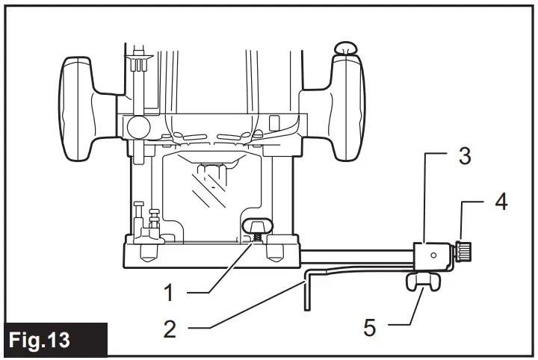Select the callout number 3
[x=464, y=156]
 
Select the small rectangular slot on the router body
[x=274, y=120]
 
